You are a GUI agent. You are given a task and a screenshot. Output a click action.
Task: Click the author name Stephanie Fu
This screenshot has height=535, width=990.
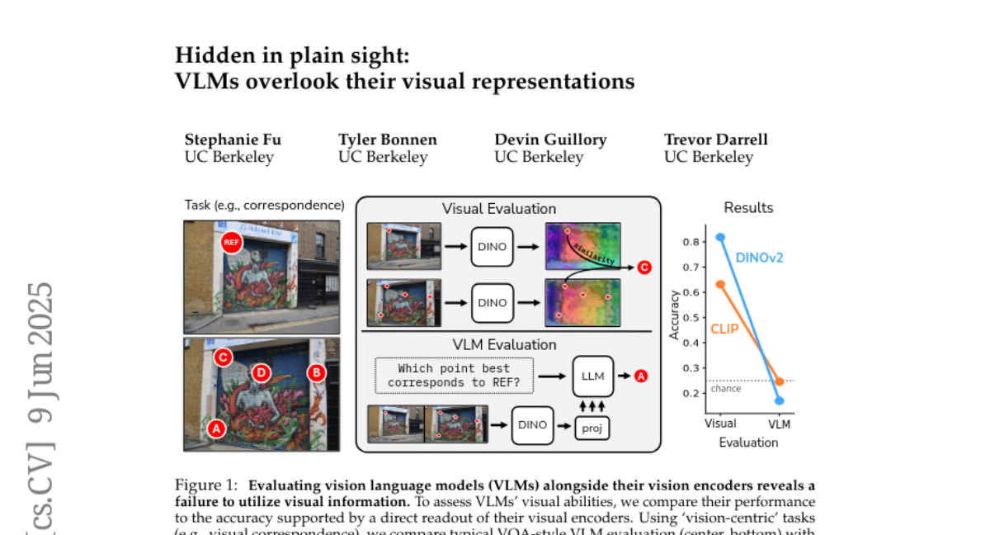233,140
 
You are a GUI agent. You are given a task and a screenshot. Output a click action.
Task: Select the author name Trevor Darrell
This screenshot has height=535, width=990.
715,140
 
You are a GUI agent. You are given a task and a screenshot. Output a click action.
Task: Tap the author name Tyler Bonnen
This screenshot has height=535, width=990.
387,140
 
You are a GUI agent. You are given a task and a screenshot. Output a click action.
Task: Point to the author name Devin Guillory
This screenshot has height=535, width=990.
550,140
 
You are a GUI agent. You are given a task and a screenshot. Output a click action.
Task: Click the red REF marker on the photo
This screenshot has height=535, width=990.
231,242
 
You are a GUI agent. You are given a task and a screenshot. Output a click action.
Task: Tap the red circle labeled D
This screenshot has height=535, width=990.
261,373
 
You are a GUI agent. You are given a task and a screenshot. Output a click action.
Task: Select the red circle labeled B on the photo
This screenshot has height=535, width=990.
316,372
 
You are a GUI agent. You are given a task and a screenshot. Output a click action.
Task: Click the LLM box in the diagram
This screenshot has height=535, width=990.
593,376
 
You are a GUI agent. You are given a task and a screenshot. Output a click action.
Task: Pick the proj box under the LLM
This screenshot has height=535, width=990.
592,428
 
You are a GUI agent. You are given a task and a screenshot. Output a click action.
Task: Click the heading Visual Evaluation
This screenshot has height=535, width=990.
499,209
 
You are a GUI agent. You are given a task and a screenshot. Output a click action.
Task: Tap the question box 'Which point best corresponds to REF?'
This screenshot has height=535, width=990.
454,376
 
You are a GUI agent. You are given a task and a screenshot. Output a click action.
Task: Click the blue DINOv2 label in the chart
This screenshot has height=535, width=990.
759,258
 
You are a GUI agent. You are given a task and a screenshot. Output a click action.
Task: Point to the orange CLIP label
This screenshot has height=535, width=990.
724,329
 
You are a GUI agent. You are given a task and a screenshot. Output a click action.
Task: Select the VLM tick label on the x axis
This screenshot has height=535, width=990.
779,424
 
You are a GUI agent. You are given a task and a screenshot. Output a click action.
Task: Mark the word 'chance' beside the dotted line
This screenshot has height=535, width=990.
726,389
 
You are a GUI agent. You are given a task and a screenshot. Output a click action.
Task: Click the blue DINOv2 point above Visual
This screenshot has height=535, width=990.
720,237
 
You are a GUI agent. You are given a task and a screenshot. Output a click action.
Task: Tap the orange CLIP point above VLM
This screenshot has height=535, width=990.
780,381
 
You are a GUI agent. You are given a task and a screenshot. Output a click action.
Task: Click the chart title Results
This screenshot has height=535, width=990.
748,208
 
